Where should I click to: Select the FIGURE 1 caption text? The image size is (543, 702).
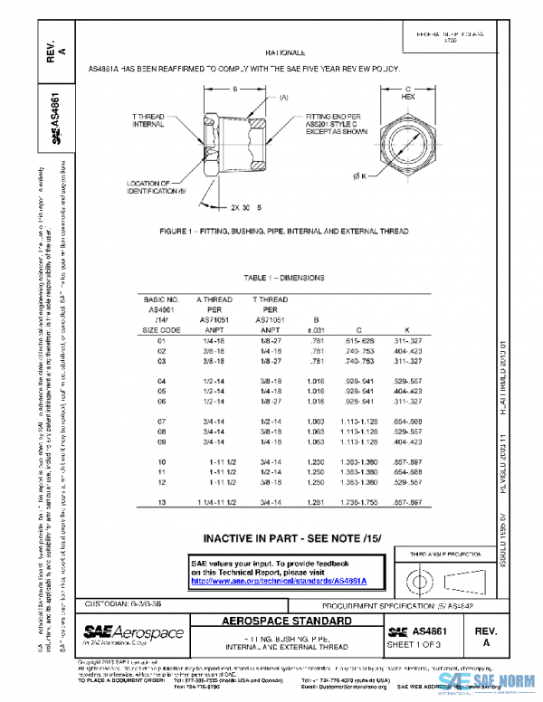(284, 232)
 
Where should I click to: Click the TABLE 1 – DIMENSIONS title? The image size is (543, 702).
(284, 278)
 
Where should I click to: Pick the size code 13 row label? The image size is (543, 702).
(163, 501)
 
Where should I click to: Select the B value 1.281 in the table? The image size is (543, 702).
(316, 501)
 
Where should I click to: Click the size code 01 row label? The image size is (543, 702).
(163, 340)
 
